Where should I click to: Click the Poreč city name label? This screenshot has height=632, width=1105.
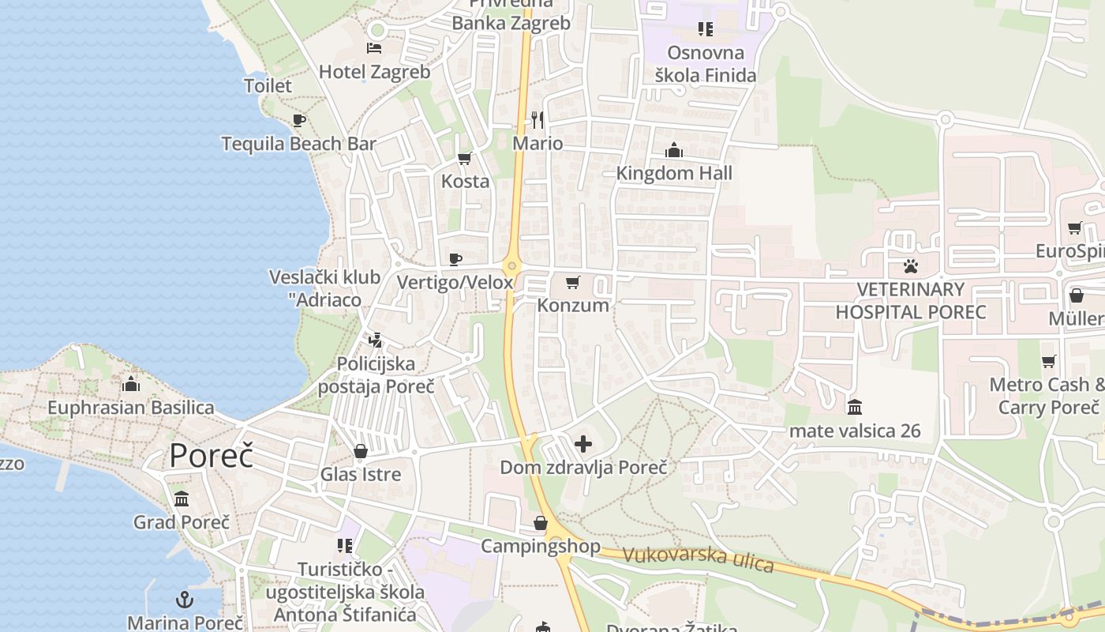coord(211,456)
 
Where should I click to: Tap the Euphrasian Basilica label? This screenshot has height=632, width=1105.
coord(131,408)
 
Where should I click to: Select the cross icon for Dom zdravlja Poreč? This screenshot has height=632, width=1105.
coord(583,444)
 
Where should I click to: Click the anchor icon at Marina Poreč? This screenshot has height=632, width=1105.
coord(184,600)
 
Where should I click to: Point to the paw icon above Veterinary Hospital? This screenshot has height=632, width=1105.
coord(911,265)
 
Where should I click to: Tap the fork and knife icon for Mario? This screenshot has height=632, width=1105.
coord(538,119)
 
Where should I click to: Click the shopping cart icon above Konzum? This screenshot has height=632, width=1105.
coord(573,282)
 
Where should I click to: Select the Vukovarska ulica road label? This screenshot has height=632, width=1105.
coord(698,559)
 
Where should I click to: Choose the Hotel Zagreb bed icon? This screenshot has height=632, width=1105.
coord(374,48)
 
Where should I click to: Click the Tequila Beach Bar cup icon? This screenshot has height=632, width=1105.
coord(299,120)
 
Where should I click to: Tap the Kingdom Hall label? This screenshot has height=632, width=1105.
coord(674,173)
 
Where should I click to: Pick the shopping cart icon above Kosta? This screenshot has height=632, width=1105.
coord(465,158)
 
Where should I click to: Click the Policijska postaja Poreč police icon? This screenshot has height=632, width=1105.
coord(376,340)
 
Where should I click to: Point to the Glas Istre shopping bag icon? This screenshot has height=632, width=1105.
coord(361,451)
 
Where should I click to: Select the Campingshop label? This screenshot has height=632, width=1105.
coord(541,546)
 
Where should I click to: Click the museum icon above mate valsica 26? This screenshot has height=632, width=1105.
coord(855,408)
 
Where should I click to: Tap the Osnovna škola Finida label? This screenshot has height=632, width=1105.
coord(706,64)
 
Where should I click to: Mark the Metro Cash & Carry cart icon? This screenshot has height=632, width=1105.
coord(1048,361)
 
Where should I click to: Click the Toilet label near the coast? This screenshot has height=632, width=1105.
coord(268,85)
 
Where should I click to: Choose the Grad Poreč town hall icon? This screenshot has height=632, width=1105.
coord(182,498)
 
